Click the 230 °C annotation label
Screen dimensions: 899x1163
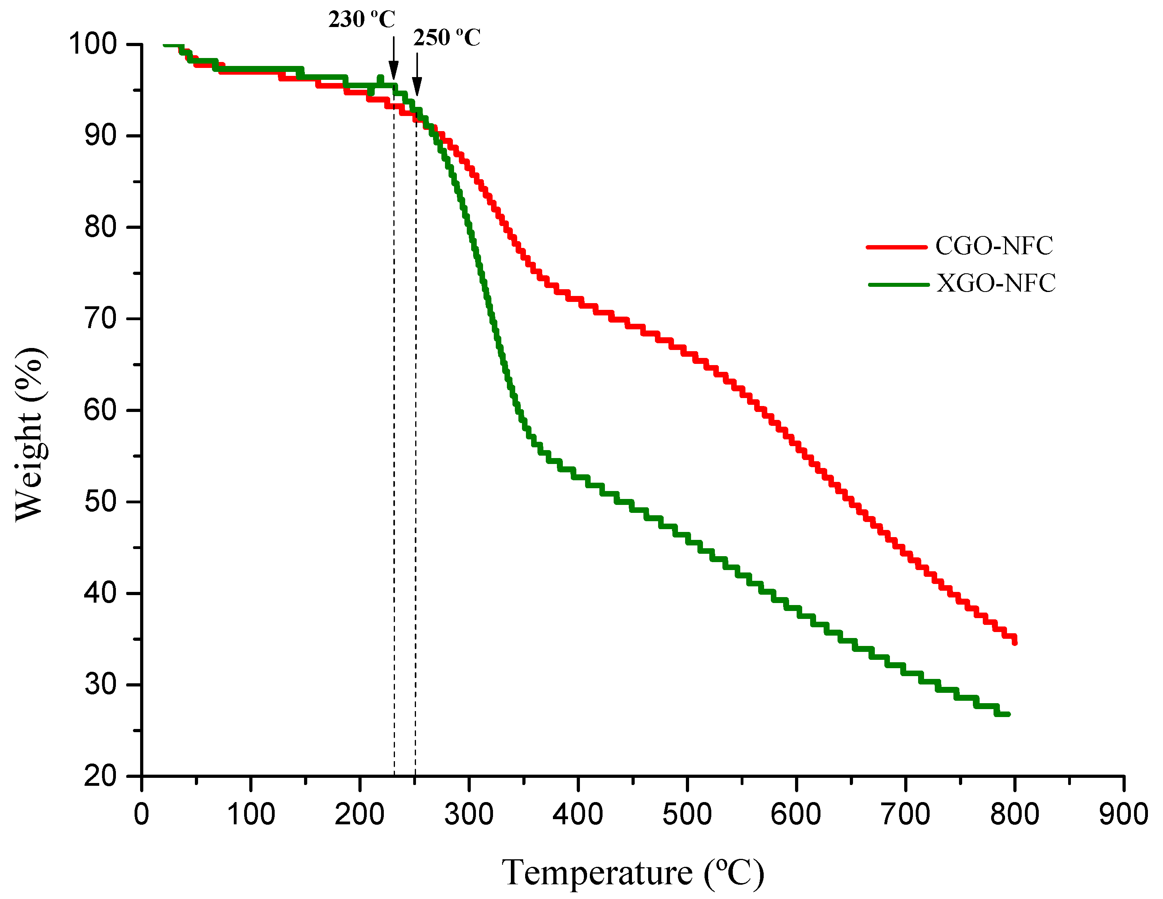(362, 20)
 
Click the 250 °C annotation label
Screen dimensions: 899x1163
(447, 38)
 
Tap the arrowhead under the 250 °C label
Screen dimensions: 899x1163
(417, 86)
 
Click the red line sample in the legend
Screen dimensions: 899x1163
(897, 247)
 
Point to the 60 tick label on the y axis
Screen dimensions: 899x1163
(100, 410)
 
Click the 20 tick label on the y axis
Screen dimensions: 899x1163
(100, 776)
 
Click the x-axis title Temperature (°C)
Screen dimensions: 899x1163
(633, 873)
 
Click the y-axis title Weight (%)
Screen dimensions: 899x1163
(30, 434)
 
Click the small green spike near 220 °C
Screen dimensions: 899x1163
(380, 78)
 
